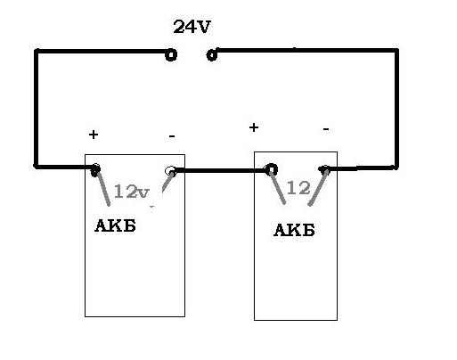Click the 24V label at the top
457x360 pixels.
pos(192,27)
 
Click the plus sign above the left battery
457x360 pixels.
pos(94,135)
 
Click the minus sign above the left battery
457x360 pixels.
pos(172,136)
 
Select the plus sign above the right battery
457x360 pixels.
pos(254,127)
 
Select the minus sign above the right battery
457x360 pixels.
pos(326,129)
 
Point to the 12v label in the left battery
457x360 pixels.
pos(131,192)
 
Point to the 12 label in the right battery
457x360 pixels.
pos(298,188)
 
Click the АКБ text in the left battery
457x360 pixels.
pos(115,225)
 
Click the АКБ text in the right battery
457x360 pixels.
pos(294,230)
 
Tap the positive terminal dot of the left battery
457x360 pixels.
pos(95,169)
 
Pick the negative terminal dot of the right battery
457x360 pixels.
pos(324,170)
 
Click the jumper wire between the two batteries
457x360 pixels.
pos(220,171)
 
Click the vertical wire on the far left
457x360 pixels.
pos(37,109)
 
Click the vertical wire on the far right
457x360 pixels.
pos(396,109)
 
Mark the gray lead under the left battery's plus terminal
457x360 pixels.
pos(103,189)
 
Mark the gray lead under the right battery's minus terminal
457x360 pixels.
pos(318,188)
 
